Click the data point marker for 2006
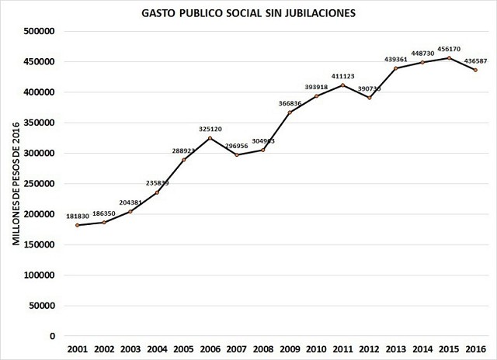210,138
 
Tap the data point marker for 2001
78,225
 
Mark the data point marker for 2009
289,112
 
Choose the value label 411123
342,75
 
